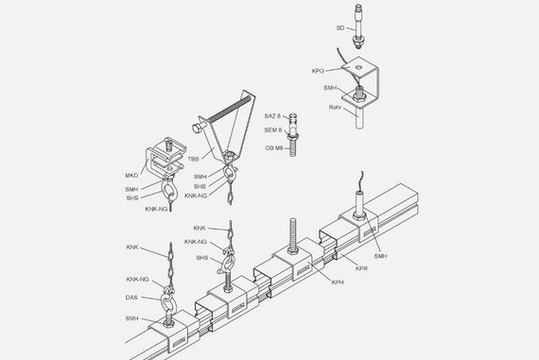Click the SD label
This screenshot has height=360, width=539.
(x=340, y=27)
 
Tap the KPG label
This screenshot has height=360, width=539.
(x=318, y=71)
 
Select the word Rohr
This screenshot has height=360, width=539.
(x=335, y=108)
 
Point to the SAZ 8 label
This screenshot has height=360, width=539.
(x=272, y=116)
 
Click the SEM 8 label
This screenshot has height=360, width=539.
(x=273, y=130)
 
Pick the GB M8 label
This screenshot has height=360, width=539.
(x=274, y=148)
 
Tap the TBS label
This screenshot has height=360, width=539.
(x=193, y=159)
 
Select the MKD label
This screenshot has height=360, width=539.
(x=131, y=176)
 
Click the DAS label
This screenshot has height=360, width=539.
(x=131, y=298)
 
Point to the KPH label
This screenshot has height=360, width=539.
(x=338, y=283)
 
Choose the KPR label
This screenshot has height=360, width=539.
(x=361, y=268)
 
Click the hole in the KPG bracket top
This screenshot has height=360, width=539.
(x=358, y=67)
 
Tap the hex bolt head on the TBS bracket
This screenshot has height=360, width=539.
(x=197, y=129)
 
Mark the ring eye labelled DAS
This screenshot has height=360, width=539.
(x=168, y=302)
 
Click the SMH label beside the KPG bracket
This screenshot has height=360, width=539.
(x=330, y=88)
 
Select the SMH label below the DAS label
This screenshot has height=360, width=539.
(x=131, y=318)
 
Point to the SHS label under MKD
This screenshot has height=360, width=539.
(x=132, y=198)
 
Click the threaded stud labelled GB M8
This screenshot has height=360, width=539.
(x=292, y=148)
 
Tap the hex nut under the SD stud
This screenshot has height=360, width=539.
(x=358, y=42)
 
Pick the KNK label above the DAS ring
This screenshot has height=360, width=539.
(x=132, y=248)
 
